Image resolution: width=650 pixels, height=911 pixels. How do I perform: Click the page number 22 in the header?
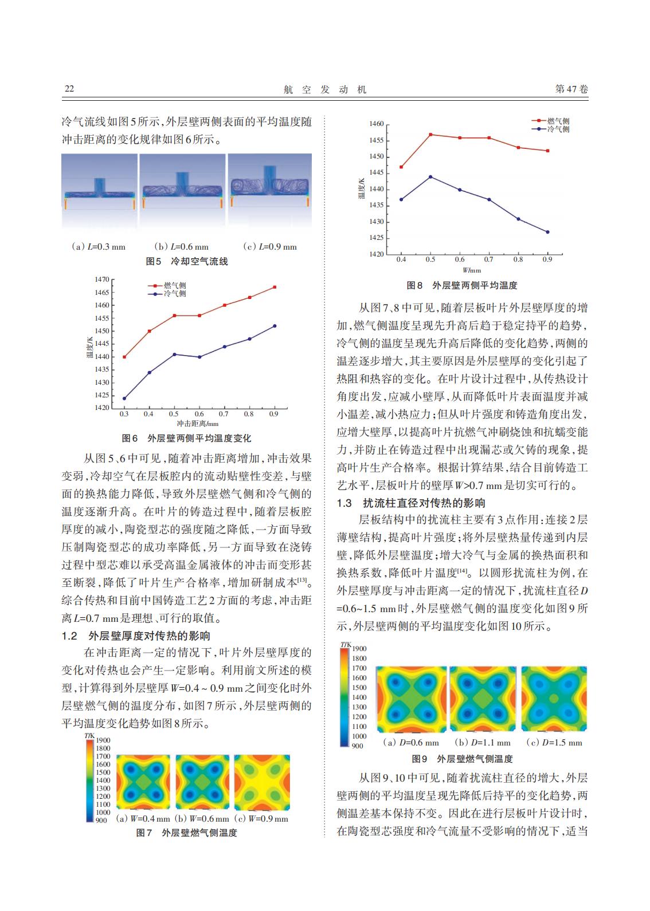[69, 89]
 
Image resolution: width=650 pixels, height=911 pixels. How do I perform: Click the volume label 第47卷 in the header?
[571, 89]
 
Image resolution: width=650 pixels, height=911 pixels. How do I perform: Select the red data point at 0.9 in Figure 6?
[275, 287]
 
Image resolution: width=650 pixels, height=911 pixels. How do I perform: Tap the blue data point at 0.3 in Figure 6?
[124, 398]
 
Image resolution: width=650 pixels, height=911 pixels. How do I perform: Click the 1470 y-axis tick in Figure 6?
[102, 279]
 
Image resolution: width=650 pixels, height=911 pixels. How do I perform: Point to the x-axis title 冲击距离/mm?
[197, 424]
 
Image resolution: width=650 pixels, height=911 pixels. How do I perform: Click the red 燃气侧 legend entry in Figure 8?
[550, 121]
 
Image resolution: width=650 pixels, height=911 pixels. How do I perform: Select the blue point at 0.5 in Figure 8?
[430, 177]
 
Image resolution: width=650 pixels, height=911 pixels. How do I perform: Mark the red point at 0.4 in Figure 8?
[401, 167]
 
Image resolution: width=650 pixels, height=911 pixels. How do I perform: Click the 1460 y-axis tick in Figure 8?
[376, 124]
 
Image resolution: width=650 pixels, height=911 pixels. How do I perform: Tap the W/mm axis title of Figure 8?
[472, 270]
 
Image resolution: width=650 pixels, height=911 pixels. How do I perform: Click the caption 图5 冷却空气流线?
[187, 262]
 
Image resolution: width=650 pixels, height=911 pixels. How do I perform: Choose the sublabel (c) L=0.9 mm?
[270, 246]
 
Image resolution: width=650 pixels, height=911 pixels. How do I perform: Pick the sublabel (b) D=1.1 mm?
[482, 742]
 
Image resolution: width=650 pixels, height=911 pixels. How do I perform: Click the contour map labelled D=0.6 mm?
[412, 699]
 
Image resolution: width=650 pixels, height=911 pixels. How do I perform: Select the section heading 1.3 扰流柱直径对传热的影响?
[410, 503]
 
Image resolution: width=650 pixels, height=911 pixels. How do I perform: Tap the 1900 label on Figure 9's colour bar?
[359, 649]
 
